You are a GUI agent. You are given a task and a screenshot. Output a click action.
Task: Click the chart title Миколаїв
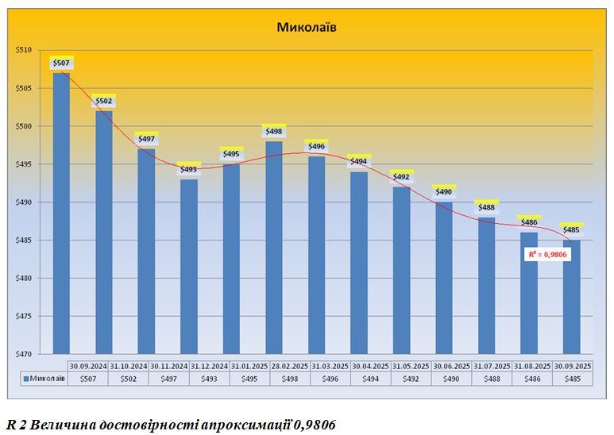[x=307, y=27]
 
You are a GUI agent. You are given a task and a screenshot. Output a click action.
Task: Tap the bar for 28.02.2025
[x=274, y=246]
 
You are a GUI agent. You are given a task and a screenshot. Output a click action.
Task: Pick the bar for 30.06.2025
[x=444, y=278]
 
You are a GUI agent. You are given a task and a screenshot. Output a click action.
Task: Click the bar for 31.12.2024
[x=189, y=266]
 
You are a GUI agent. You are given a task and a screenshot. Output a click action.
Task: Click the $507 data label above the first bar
[x=61, y=64]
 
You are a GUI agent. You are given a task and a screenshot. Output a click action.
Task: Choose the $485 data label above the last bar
[x=571, y=230]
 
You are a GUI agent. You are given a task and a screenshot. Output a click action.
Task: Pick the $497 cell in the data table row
[x=168, y=379]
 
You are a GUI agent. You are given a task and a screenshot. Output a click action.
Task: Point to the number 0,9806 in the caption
[x=314, y=424]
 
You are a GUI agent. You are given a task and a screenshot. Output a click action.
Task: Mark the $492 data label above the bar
[x=401, y=177]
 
